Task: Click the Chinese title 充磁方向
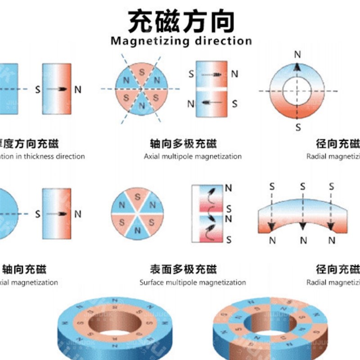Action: point(181,22)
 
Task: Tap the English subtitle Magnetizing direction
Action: point(181,41)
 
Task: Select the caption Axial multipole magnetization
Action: point(193,157)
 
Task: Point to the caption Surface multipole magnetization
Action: point(193,283)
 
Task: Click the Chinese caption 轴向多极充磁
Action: point(183,144)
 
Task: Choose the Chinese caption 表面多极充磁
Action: point(183,270)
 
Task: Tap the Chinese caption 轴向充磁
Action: point(24,270)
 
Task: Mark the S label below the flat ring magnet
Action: point(297,127)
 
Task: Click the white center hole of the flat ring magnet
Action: point(297,91)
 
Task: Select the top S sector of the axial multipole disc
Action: point(142,72)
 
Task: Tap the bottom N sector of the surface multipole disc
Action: point(138,230)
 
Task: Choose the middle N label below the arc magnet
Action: point(303,241)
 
